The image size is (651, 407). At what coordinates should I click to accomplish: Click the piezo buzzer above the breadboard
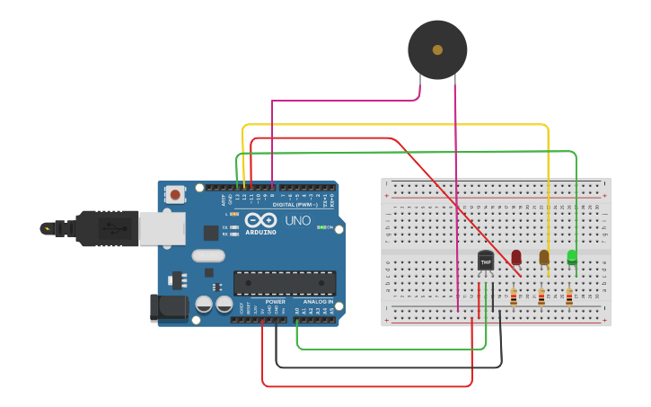coord(437,49)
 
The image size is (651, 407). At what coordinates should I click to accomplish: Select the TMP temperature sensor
coord(486,261)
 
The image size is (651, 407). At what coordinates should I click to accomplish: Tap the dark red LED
coord(516,257)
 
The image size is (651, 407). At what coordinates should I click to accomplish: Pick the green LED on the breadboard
coord(572,257)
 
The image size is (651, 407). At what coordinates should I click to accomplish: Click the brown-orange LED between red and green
coord(544,257)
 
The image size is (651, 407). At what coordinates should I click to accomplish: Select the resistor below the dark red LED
coord(514,296)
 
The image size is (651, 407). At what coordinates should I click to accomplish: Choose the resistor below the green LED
coord(569,296)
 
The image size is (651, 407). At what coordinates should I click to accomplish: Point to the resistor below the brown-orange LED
coord(541,296)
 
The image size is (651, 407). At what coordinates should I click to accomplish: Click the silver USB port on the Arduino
coord(162,228)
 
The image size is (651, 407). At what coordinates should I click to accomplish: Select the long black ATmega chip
coord(284,283)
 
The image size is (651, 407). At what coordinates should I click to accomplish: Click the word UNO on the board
coord(297,220)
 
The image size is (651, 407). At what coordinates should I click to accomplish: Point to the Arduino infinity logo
coord(260,220)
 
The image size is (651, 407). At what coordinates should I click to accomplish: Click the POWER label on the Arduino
coord(275,302)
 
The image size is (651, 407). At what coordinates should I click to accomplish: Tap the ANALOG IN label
coord(318,302)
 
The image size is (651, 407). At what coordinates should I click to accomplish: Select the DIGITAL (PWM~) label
coord(297,204)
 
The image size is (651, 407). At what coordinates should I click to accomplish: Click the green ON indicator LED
coord(321,227)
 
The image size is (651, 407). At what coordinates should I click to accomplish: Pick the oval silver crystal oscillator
coord(207,255)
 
